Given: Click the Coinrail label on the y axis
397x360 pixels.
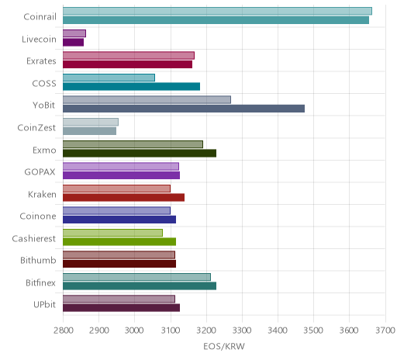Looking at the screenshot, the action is pyautogui.click(x=40, y=17).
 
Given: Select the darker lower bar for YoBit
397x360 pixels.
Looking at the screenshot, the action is pyautogui.click(x=184, y=109).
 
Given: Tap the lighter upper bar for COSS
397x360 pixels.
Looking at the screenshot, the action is pyautogui.click(x=109, y=78).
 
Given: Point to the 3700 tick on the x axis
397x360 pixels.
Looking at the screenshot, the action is pyautogui.click(x=386, y=331).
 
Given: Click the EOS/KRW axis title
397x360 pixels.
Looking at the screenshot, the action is pyautogui.click(x=224, y=347).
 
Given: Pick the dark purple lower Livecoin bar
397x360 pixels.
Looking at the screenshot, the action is pyautogui.click(x=73, y=43).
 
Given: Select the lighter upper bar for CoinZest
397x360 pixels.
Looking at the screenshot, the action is pyautogui.click(x=91, y=122).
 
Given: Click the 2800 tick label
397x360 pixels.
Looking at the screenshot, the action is pyautogui.click(x=63, y=331).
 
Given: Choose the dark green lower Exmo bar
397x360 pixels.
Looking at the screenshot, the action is pyautogui.click(x=140, y=153).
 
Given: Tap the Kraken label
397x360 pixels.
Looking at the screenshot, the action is pyautogui.click(x=42, y=194).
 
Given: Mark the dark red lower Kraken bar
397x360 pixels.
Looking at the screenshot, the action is pyautogui.click(x=123, y=197).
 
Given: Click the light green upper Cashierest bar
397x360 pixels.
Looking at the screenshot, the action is pyautogui.click(x=112, y=233).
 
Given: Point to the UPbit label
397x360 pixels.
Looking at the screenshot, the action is pyautogui.click(x=44, y=305).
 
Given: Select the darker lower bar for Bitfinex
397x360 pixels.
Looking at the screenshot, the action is pyautogui.click(x=140, y=286).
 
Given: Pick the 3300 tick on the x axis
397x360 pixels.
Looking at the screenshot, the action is pyautogui.click(x=242, y=331).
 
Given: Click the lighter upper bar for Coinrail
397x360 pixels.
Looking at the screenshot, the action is pyautogui.click(x=217, y=11).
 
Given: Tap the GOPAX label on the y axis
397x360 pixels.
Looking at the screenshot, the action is pyautogui.click(x=40, y=172).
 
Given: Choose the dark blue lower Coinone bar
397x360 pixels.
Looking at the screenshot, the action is pyautogui.click(x=119, y=220).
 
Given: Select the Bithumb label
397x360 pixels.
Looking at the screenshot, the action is pyautogui.click(x=38, y=261).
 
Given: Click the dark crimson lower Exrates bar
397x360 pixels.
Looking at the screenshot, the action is pyautogui.click(x=128, y=64).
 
